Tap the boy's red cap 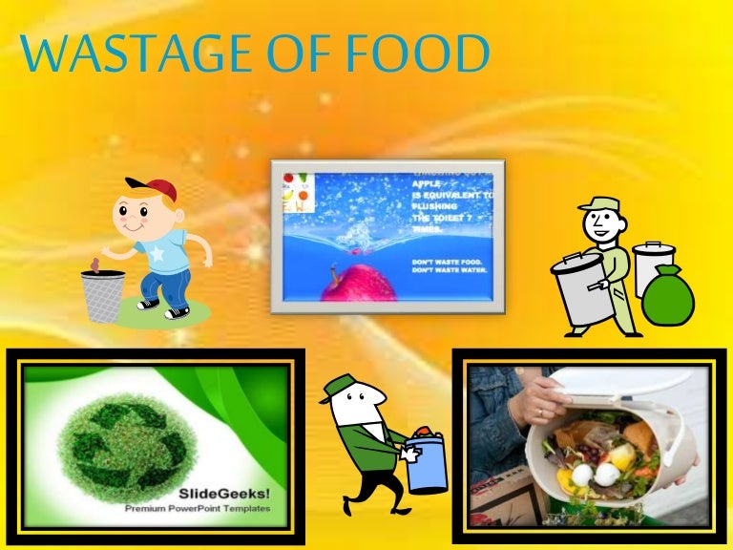pos(152,188)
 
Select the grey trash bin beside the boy pos(102,296)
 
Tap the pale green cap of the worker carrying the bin pos(598,203)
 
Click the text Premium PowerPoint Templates pos(198,509)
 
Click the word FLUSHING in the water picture pos(434,205)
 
